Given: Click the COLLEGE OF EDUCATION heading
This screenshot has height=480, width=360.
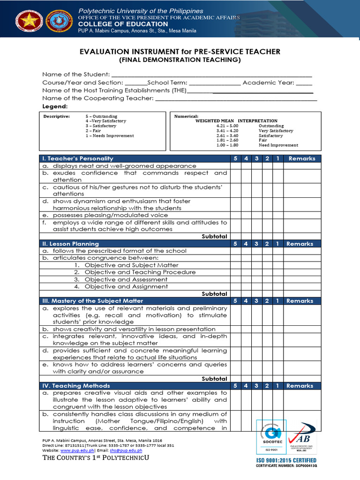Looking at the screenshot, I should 123,24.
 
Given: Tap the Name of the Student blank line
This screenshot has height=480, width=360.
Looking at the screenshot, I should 211,75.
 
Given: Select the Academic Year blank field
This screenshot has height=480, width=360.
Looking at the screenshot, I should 304,82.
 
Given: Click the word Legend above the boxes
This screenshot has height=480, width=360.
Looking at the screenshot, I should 55,106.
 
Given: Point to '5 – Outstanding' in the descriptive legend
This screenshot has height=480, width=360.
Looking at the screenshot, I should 101,116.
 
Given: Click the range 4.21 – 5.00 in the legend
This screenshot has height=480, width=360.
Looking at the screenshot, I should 227,126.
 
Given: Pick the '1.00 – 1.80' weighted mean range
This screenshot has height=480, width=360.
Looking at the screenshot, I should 227,145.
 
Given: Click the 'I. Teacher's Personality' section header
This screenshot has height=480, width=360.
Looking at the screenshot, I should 78,158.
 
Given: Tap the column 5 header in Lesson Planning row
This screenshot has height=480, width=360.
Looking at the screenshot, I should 235,244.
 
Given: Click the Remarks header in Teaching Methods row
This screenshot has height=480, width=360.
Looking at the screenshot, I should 302,386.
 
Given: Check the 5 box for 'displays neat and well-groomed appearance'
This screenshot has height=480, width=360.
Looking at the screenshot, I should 235,166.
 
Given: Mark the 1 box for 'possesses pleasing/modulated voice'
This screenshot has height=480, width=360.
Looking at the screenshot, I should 278,215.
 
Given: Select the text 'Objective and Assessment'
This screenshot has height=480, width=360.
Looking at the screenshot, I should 126,279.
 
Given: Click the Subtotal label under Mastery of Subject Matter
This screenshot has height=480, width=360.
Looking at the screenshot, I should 214,379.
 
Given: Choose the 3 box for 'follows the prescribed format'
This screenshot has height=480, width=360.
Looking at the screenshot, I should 256,251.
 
